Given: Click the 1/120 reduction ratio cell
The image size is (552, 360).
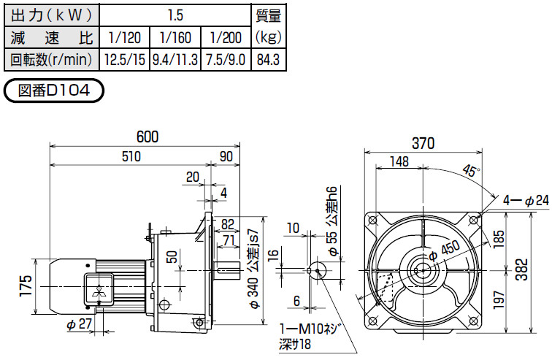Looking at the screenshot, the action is click(x=125, y=37).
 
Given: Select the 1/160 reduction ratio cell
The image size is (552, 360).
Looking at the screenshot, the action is click(x=175, y=37).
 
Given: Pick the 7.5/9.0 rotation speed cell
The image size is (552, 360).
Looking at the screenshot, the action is click(x=226, y=59).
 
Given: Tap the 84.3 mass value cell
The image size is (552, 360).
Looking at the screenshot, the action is click(x=268, y=59).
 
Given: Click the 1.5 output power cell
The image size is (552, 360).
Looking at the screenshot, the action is click(x=175, y=15).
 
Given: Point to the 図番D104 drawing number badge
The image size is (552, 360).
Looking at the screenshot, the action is click(x=53, y=91).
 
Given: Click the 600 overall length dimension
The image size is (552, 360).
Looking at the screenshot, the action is click(x=147, y=137).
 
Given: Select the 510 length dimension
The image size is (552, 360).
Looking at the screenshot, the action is click(x=131, y=156).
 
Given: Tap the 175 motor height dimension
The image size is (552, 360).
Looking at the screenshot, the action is click(x=26, y=286).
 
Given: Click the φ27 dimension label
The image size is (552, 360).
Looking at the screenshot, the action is click(x=79, y=324).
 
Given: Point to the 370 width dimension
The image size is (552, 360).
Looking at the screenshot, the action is click(x=423, y=143).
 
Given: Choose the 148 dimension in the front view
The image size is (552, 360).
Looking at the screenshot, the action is click(x=399, y=161).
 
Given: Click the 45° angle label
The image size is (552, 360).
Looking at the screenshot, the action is click(x=471, y=171).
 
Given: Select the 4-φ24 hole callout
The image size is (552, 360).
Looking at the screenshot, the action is click(x=526, y=201).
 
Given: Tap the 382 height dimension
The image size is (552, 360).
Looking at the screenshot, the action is click(x=522, y=269).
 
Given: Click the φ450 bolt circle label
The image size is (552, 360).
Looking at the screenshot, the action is click(x=444, y=250).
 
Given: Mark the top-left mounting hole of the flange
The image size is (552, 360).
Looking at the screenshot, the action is click(x=372, y=221).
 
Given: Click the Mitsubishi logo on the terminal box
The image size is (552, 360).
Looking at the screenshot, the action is click(x=99, y=290).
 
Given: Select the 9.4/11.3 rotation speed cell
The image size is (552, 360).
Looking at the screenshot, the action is click(x=175, y=59).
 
